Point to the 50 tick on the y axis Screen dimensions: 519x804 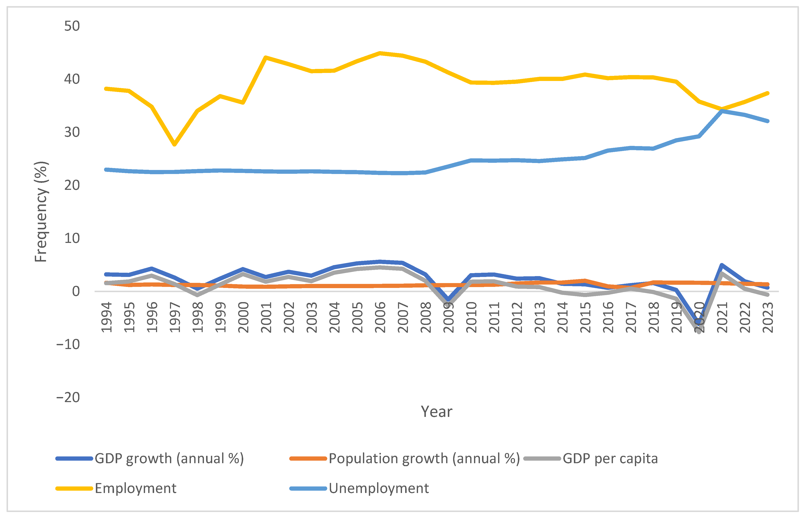coord(72,26)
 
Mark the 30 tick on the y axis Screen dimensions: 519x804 coord(72,133)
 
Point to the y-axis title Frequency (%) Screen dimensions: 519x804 coord(41,212)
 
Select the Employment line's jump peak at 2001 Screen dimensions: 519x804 coord(266,58)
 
